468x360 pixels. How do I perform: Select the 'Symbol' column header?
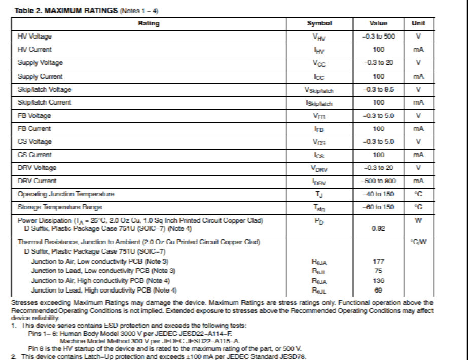319,23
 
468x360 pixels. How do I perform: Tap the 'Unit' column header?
418,23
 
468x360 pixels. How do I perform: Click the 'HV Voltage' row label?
34,37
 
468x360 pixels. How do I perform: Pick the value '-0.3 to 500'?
379,37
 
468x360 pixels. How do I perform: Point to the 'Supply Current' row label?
40,76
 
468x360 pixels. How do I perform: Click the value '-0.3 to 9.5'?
379,89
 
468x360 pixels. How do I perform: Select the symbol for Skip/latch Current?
319,103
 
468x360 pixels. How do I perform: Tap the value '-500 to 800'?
379,181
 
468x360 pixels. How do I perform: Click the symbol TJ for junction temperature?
319,194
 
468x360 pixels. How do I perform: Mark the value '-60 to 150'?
379,207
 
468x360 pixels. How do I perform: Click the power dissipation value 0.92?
379,229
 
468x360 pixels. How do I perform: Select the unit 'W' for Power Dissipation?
418,220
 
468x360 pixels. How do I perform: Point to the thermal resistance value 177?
379,261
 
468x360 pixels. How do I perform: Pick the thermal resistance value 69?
379,290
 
